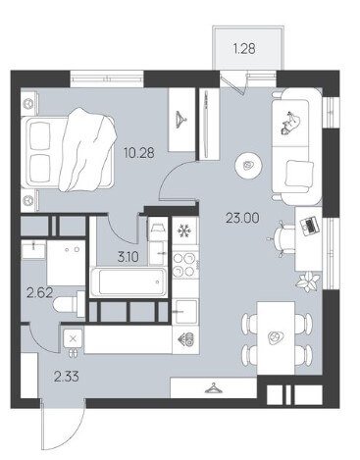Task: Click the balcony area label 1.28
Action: (244, 49)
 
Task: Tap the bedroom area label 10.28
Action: (139, 153)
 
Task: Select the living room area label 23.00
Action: (242, 218)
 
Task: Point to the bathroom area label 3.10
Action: (128, 257)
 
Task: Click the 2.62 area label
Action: (40, 293)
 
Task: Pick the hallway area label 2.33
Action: (67, 377)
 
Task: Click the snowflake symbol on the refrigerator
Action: (183, 231)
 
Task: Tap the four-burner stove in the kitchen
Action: (185, 265)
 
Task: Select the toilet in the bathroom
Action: (69, 304)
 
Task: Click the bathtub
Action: (129, 281)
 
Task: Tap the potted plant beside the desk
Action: (308, 281)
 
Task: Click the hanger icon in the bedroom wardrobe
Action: (180, 120)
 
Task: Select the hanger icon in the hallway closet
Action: (213, 388)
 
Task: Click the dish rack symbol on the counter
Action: (185, 340)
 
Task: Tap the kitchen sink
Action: (185, 312)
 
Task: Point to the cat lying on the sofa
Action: (290, 123)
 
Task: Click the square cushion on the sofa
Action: (297, 174)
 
